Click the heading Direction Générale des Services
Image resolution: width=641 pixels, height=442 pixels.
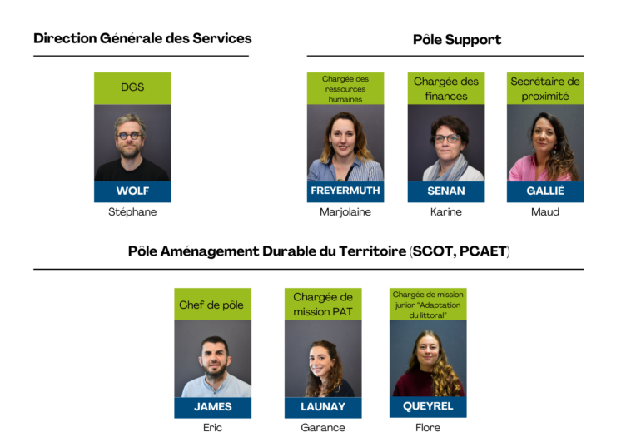click(x=142, y=38)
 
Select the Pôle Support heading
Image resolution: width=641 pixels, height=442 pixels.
click(x=457, y=40)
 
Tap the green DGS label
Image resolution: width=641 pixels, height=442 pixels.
click(x=132, y=87)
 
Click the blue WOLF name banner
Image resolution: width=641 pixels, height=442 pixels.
click(x=132, y=191)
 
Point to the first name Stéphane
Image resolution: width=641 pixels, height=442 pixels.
click(x=132, y=212)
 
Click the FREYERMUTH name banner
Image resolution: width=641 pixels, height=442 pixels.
click(x=345, y=191)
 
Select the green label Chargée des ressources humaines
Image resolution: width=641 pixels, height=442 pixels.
click(x=345, y=88)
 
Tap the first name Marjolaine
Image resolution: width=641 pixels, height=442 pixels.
click(x=345, y=212)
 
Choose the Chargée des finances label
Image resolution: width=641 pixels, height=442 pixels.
click(x=446, y=88)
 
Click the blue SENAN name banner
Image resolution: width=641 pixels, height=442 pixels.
click(x=446, y=191)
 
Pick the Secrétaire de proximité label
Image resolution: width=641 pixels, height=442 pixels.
click(x=545, y=88)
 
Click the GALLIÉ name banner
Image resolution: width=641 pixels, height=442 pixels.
click(x=545, y=191)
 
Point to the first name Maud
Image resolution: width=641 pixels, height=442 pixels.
click(x=545, y=212)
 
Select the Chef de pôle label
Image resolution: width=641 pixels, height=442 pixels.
click(x=211, y=305)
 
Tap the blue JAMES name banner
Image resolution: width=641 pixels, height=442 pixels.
click(x=212, y=407)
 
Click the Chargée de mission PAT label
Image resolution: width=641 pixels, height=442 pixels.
click(x=323, y=305)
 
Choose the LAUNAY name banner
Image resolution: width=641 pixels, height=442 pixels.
click(x=323, y=407)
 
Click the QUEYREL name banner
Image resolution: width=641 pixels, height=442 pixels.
click(x=428, y=406)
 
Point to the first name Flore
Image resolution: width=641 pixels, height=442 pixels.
click(x=428, y=428)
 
